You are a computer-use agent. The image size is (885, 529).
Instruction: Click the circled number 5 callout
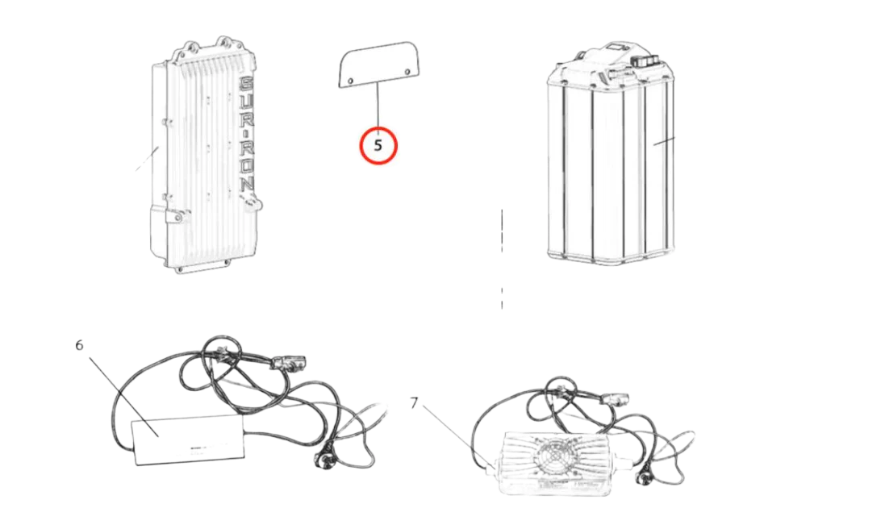(378, 146)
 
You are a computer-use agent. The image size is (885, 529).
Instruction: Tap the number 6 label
(80, 345)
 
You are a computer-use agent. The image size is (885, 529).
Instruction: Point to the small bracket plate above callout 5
(380, 65)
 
